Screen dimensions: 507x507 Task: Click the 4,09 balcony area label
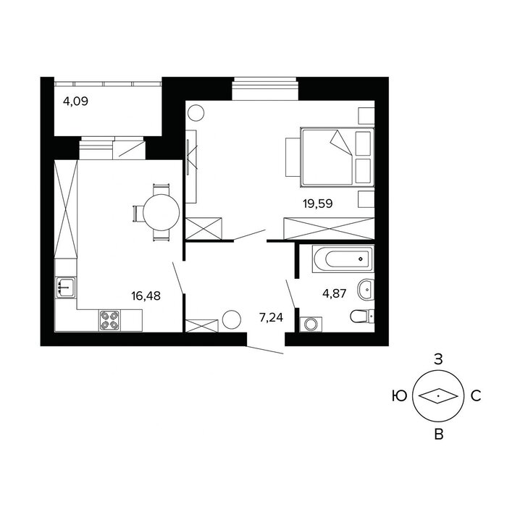click(75, 101)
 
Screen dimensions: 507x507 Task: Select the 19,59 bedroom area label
click(317, 204)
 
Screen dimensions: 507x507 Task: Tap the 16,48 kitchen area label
click(146, 296)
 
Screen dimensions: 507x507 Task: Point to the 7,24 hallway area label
click(271, 317)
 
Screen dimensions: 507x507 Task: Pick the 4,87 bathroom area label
click(335, 293)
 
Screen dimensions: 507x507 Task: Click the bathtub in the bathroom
click(343, 259)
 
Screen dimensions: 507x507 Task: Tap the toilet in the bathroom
click(362, 316)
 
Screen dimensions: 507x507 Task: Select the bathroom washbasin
click(366, 289)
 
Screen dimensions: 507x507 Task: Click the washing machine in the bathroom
click(311, 324)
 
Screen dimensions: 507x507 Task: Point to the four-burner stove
click(109, 320)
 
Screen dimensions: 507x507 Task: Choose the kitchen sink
click(66, 288)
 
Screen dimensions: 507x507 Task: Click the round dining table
click(161, 212)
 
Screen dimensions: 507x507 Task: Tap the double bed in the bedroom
click(337, 157)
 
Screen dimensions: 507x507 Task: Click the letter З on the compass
click(438, 359)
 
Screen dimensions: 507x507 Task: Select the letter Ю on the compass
click(399, 395)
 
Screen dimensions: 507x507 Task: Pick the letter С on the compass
click(476, 395)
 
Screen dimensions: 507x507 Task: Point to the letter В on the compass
click(439, 435)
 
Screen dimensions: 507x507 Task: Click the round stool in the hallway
click(232, 319)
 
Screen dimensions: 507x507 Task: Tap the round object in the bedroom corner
click(196, 113)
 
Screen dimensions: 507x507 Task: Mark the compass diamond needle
click(438, 395)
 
